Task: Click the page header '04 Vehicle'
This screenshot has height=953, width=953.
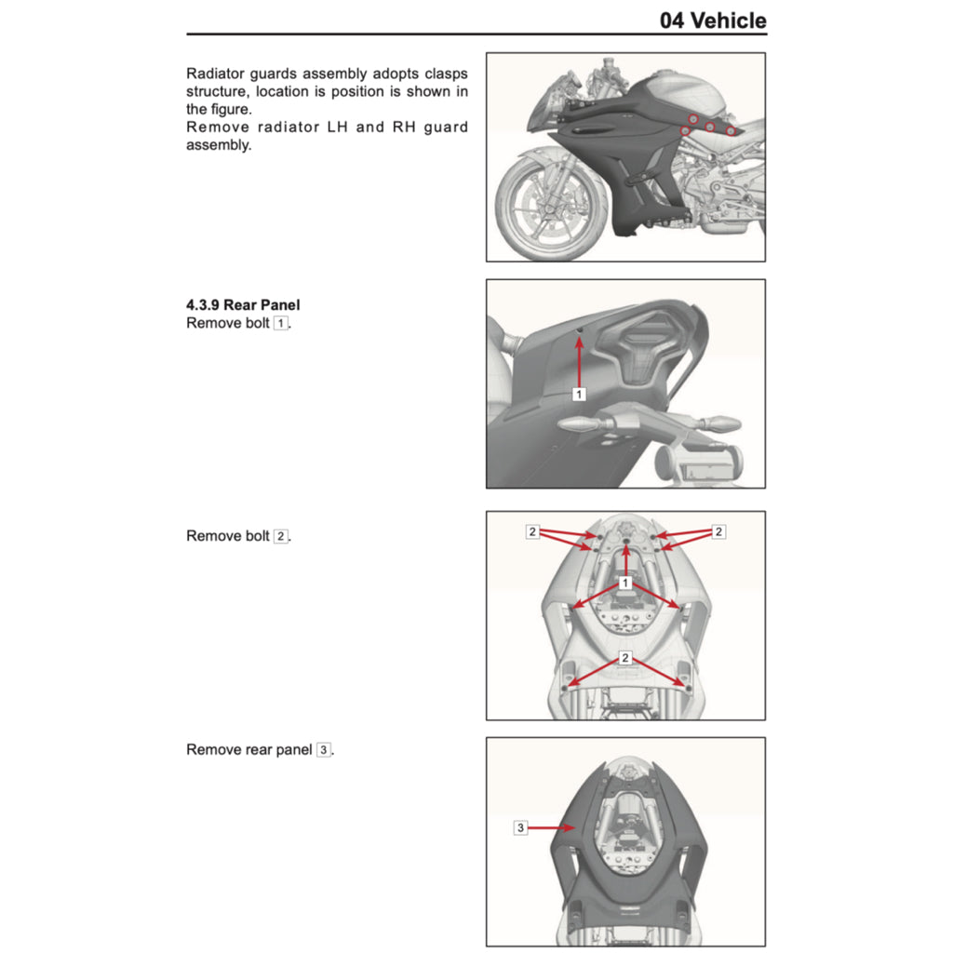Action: pos(712,20)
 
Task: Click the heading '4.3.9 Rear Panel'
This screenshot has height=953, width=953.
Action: pos(243,304)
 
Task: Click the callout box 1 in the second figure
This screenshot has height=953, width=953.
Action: pos(578,395)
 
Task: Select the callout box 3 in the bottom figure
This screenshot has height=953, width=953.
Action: pos(520,826)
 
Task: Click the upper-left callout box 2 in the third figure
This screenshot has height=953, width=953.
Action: pos(532,532)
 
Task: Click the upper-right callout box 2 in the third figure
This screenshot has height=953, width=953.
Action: pos(718,532)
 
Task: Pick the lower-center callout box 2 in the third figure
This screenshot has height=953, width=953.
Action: pos(625,658)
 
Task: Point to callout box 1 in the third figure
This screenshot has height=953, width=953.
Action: pos(625,583)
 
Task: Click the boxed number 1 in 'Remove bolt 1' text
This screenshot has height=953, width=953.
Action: pos(280,324)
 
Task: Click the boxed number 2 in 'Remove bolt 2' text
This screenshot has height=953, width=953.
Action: pos(280,537)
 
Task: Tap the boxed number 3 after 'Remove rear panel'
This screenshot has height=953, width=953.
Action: pos(323,750)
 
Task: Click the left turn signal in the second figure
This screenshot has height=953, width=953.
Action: pos(579,423)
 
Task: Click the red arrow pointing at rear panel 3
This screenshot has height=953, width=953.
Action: pos(552,826)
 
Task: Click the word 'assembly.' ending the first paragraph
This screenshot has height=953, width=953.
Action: pos(219,145)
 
